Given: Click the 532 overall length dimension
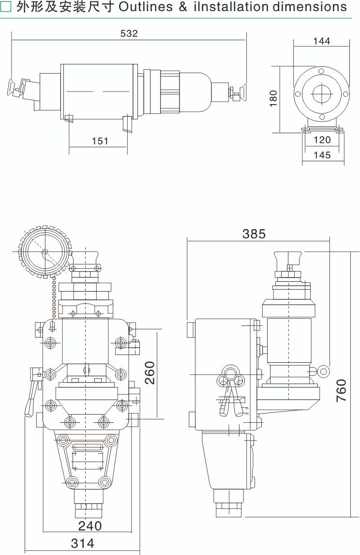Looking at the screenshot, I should pos(129,33).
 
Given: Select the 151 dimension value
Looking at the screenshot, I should pos(100,141).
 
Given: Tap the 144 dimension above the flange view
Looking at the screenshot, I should pos(321,41).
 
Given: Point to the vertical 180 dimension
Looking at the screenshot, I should pos(274,98).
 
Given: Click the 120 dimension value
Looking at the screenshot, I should pos(322,140).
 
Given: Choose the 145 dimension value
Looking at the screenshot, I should pos(322,155).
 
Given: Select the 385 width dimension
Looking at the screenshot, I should pos(254,234).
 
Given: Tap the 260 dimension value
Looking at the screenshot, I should pos(150,372).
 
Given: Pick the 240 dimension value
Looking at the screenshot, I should pos(90,525).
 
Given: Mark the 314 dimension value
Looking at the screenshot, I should pos(83,543).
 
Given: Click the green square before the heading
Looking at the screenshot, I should pos(6,7).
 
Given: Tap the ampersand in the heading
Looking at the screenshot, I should pos(182,7).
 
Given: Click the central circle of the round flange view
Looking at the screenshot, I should pos(321,93).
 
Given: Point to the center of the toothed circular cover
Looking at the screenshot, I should pos(45,252).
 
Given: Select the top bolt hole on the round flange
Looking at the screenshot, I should pos(321,71).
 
